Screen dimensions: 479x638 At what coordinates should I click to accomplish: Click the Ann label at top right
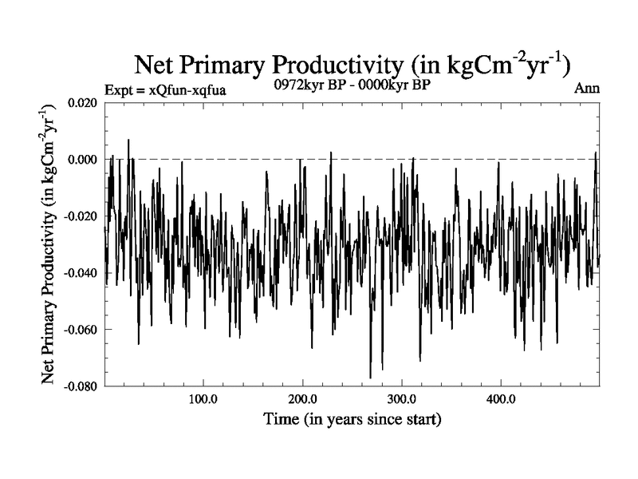coord(587,89)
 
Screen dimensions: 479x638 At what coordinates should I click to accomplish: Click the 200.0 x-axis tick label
coord(302,400)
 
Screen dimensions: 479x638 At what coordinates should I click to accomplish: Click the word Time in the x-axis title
coord(281,418)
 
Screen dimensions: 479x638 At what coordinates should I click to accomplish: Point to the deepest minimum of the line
coord(370,378)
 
